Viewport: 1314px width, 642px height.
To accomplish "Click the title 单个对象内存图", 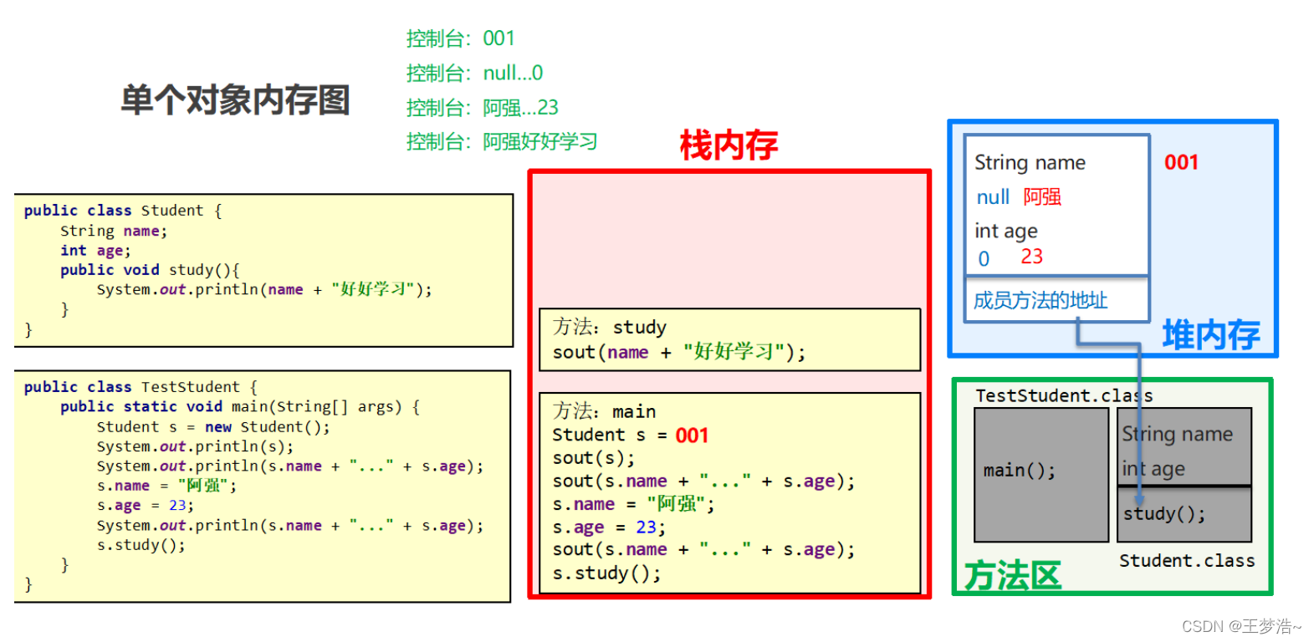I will point(235,100).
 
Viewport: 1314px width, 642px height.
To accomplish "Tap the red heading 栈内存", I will point(729,145).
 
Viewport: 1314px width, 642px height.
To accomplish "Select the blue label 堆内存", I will point(1210,335).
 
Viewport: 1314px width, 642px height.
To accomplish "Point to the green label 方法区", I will point(1012,576).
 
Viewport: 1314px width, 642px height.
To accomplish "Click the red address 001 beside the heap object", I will point(1181,162).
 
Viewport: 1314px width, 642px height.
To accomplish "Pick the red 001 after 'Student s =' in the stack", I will point(692,436).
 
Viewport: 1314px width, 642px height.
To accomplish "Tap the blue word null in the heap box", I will point(993,197).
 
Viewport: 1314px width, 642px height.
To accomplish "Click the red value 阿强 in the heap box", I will point(1042,197).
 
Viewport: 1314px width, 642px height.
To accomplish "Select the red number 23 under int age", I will point(1031,257).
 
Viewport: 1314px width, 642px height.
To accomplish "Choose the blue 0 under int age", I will point(984,259).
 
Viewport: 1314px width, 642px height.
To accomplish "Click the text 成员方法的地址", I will point(1040,301).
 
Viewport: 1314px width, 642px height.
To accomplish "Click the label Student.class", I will point(1187,561).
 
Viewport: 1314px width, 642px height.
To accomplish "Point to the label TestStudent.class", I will point(1063,395).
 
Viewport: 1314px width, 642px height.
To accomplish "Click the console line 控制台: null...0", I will point(474,74).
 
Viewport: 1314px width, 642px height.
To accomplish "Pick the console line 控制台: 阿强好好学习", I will point(502,142).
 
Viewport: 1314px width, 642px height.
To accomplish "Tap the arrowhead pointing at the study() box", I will point(1139,499).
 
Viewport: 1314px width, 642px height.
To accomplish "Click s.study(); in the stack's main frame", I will point(606,573).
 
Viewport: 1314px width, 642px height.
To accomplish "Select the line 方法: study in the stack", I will point(610,327).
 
